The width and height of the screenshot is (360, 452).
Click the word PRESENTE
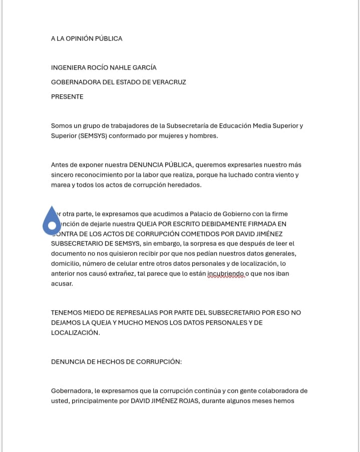67,97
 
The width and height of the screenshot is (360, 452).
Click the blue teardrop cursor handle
52,221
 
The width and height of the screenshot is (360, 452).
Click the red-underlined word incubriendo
228,273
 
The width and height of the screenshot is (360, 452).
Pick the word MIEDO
98,312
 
